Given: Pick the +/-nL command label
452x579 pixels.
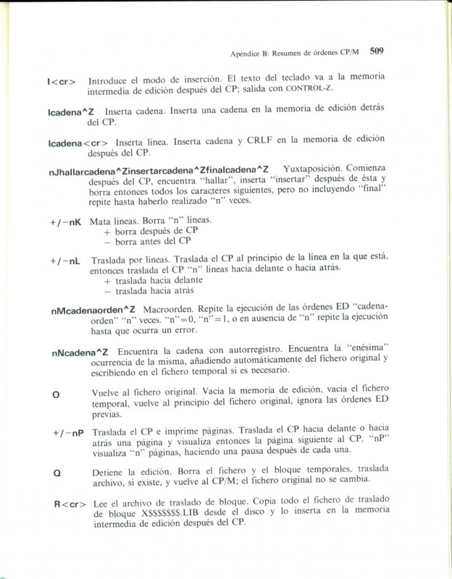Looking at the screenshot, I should click(65, 260).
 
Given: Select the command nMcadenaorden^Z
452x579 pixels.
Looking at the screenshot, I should click(94, 309).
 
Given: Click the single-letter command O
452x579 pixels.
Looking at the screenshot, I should click(56, 393).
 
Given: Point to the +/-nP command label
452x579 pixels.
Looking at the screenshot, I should click(68, 433).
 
